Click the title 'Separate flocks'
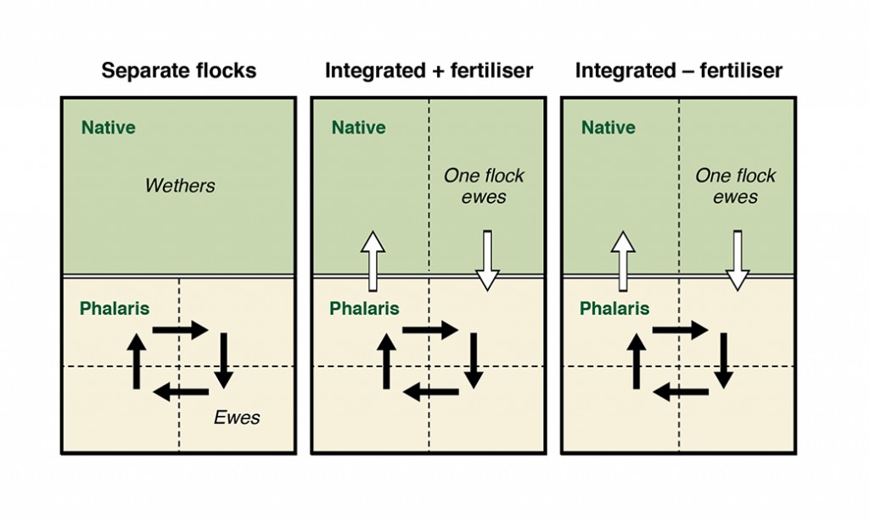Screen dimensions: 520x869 pyautogui.click(x=179, y=70)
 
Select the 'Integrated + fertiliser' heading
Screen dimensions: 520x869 pyautogui.click(x=429, y=70)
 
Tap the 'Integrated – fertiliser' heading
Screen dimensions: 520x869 pyautogui.click(x=679, y=70)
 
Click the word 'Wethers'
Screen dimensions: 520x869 pyautogui.click(x=181, y=185)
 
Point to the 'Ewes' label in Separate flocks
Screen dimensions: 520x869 pyautogui.click(x=237, y=417)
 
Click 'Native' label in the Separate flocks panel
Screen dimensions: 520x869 pyautogui.click(x=108, y=128)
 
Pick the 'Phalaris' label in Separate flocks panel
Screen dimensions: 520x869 pyautogui.click(x=115, y=308)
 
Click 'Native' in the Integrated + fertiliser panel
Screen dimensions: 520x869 pyautogui.click(x=358, y=128)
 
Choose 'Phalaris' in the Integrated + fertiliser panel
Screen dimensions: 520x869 pyautogui.click(x=364, y=308)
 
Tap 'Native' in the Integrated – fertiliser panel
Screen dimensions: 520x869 pyautogui.click(x=608, y=128)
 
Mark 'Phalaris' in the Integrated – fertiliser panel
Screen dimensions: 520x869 pyautogui.click(x=614, y=308)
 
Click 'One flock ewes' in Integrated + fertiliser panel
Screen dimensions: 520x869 pyautogui.click(x=485, y=187)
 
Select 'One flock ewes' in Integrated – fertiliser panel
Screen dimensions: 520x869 pyautogui.click(x=736, y=187)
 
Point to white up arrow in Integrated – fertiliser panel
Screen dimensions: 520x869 pyautogui.click(x=623, y=260)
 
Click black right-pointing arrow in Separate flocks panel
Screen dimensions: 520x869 pyautogui.click(x=181, y=330)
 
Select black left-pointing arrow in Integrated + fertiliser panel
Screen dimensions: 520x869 pyautogui.click(x=430, y=392)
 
